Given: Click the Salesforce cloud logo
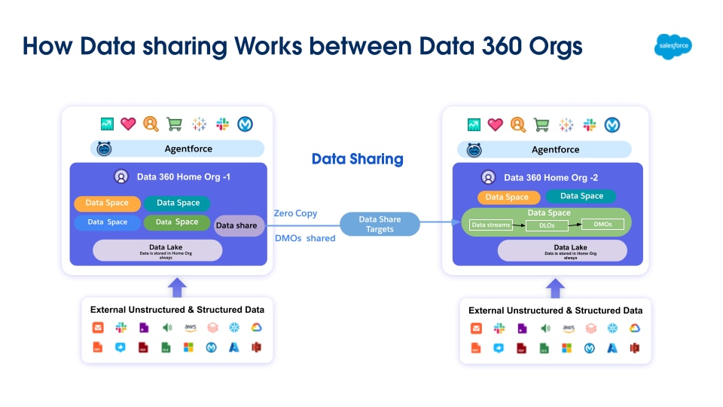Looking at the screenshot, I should click(x=673, y=47).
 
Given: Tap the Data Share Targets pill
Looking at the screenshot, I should click(x=380, y=224).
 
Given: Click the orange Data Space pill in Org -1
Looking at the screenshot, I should click(x=106, y=203).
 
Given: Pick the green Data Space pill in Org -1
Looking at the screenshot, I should click(x=177, y=222).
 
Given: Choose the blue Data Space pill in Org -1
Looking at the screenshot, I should click(x=107, y=222).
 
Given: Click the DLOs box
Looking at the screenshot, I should click(x=547, y=225).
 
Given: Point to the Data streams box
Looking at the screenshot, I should click(x=490, y=225).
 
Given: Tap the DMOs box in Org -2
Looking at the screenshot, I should click(x=602, y=224).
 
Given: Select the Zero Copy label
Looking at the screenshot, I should click(x=295, y=213).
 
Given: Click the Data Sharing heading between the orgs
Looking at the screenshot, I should click(x=358, y=159).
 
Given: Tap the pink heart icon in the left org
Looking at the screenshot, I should click(x=128, y=124).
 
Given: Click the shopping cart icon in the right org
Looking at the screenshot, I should click(x=541, y=124).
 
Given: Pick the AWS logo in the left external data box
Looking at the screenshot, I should click(x=190, y=327).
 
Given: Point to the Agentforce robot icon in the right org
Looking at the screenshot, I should click(x=473, y=149).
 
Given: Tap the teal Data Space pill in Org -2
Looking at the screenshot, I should click(x=581, y=197).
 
